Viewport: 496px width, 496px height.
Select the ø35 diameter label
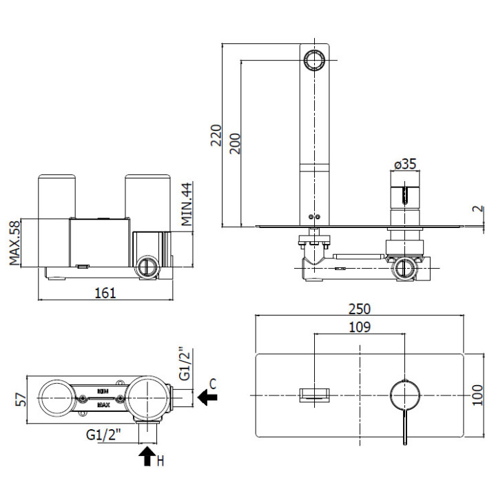pyautogui.click(x=405, y=164)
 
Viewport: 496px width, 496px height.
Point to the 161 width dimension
pyautogui.click(x=104, y=292)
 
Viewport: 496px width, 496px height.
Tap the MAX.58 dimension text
pyautogui.click(x=14, y=242)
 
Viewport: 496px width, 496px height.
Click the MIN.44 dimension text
pyautogui.click(x=187, y=205)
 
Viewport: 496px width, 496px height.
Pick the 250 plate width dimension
pyautogui.click(x=360, y=309)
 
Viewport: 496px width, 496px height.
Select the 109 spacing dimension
pyautogui.click(x=360, y=327)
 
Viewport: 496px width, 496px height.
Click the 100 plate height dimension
pyautogui.click(x=478, y=395)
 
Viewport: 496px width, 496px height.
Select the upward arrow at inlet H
pyautogui.click(x=146, y=457)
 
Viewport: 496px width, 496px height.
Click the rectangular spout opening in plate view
pyautogui.click(x=313, y=395)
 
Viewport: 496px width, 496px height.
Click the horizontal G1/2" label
pyautogui.click(x=104, y=435)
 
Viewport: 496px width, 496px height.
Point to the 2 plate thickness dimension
pyautogui.click(x=478, y=209)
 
